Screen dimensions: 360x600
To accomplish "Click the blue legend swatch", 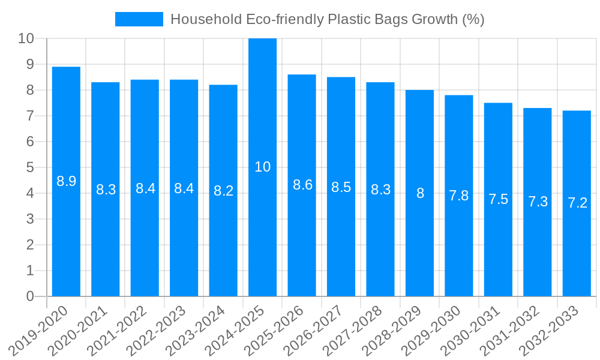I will tap(139, 19).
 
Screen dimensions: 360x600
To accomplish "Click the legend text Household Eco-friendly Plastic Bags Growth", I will tap(327, 19).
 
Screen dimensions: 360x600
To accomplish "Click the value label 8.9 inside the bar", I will tap(66, 181).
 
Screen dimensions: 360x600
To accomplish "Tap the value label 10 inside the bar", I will tap(262, 167).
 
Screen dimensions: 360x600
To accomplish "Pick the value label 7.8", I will tap(458, 195).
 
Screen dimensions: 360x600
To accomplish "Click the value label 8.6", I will tap(302, 185).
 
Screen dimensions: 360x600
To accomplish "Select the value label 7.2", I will tap(577, 203).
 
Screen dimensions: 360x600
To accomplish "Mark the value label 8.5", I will tap(341, 187).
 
